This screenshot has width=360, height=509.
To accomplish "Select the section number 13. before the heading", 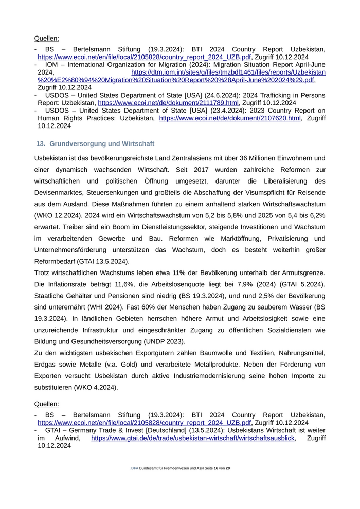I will coord(41,143).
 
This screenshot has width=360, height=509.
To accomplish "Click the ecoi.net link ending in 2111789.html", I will coord(168,103).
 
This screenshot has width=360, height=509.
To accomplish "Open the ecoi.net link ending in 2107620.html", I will coord(230,118).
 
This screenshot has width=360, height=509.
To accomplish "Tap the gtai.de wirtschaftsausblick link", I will coord(193,438).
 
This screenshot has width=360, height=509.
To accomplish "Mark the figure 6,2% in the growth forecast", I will coord(315,215).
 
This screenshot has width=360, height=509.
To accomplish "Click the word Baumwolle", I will coord(241,353).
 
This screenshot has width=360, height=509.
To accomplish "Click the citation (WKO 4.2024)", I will coord(96,387).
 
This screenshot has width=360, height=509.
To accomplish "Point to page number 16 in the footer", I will coord(216,469).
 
